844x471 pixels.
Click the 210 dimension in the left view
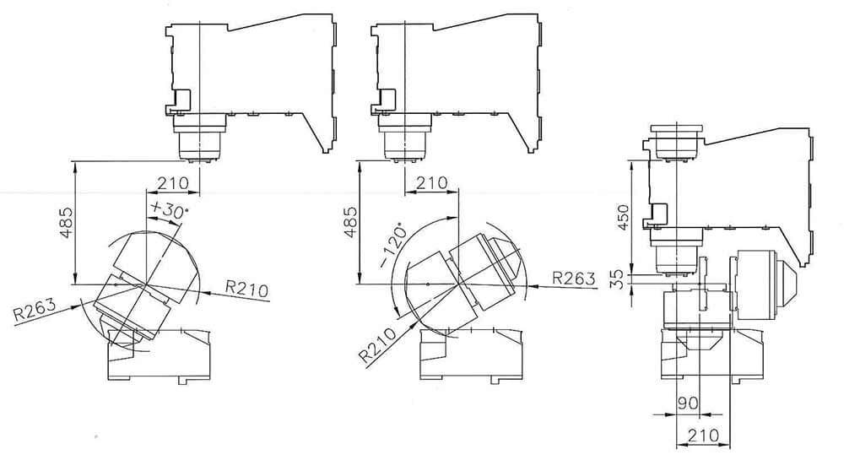pyautogui.click(x=173, y=183)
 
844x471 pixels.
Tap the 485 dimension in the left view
pyautogui.click(x=67, y=222)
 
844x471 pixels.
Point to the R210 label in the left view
pyautogui.click(x=246, y=289)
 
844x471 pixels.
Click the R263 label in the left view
pyautogui.click(x=34, y=310)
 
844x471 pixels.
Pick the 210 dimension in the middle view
pyautogui.click(x=431, y=183)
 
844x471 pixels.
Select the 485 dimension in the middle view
pyautogui.click(x=350, y=222)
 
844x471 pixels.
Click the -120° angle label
pyautogui.click(x=393, y=245)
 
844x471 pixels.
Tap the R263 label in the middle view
pyautogui.click(x=574, y=278)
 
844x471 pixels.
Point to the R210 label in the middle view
pyautogui.click(x=378, y=344)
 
